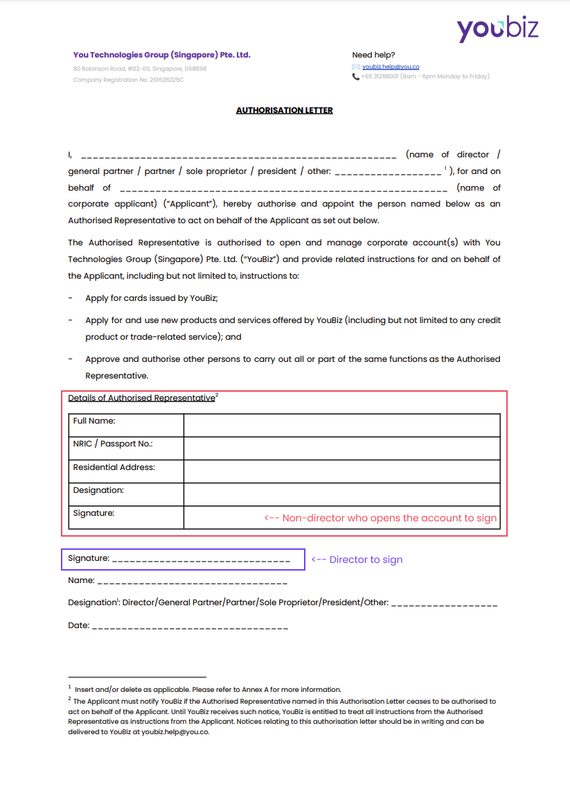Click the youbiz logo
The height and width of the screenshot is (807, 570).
click(x=497, y=29)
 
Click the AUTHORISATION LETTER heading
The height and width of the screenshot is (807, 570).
click(x=284, y=110)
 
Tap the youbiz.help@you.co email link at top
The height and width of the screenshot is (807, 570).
click(x=391, y=67)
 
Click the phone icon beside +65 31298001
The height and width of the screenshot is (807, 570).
click(x=355, y=76)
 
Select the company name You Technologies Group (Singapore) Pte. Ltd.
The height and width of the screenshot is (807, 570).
click(x=161, y=55)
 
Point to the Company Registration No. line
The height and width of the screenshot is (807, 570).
click(x=128, y=80)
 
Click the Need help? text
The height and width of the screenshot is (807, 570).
click(x=373, y=55)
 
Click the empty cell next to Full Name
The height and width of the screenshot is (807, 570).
click(x=341, y=424)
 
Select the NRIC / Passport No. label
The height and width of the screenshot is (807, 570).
click(x=112, y=444)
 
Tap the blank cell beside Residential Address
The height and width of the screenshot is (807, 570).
click(x=341, y=471)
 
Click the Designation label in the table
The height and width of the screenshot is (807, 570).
click(x=98, y=490)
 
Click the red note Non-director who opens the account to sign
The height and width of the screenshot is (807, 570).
click(x=380, y=518)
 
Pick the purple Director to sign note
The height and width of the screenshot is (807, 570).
click(x=357, y=559)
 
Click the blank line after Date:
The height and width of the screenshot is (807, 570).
click(x=190, y=627)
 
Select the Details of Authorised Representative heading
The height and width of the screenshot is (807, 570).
click(x=141, y=398)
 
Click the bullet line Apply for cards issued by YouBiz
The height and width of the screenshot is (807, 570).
click(x=152, y=298)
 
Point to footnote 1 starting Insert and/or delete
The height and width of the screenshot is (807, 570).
click(x=207, y=689)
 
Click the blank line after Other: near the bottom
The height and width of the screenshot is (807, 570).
click(x=444, y=605)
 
